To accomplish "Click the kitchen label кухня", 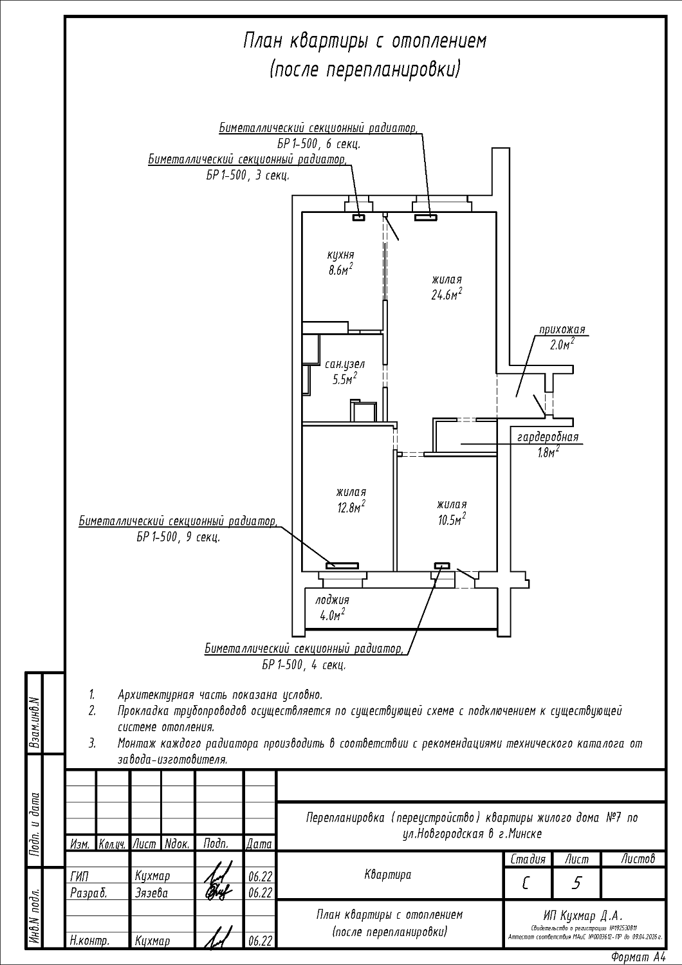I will coord(341,255).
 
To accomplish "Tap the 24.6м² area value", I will coord(447,295).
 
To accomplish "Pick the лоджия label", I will coord(332,600).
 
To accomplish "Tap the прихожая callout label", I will coord(562,330).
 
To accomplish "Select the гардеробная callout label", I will coord(548,437).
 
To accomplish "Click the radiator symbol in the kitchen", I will coord(358,217).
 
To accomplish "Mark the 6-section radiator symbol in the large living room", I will coord(425,217).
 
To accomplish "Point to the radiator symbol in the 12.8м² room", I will coord(342,565).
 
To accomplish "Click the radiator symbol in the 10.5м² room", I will coord(442,565).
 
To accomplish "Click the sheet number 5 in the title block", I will coord(576,883).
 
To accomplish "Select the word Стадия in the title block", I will coord(528,859).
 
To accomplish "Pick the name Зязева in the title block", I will coord(152,893).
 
